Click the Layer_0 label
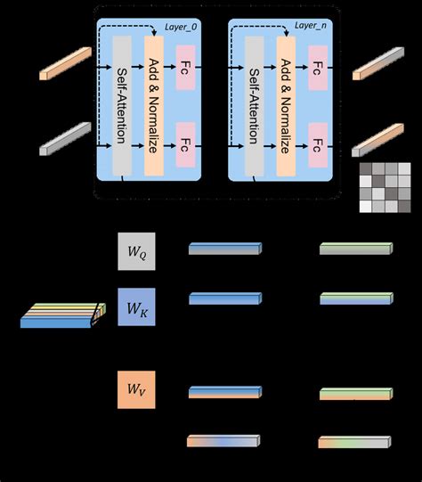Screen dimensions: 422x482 (181, 27)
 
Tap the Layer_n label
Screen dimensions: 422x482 (311, 25)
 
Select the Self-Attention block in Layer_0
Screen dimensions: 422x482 (122, 106)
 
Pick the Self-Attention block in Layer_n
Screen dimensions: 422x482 (255, 106)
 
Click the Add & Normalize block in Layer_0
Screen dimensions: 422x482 (154, 106)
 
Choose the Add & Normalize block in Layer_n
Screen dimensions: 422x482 (286, 106)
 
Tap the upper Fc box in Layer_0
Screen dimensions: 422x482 (185, 68)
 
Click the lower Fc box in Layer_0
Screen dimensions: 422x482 (185, 145)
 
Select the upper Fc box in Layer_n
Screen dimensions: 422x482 (318, 68)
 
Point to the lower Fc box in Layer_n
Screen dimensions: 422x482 (318, 145)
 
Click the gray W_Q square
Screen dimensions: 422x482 (136, 251)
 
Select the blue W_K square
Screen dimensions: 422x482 (136, 306)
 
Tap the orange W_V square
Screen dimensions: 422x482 (136, 389)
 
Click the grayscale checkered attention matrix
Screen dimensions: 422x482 (385, 187)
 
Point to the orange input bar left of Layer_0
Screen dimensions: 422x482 (65, 63)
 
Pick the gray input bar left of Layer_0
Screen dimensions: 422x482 (65, 139)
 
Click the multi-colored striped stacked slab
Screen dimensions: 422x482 (63, 315)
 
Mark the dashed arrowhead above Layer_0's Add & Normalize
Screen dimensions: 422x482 (155, 33)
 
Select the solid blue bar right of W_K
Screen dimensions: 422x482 (225, 298)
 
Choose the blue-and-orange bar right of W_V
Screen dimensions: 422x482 (225, 392)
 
